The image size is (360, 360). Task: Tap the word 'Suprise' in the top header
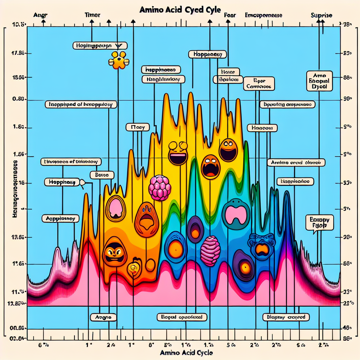pyautogui.click(x=322, y=15)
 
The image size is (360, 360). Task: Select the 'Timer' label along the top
pyautogui.click(x=92, y=15)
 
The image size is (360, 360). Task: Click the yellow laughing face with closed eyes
pyautogui.click(x=178, y=153)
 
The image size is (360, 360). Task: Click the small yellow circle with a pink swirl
pyautogui.click(x=134, y=268)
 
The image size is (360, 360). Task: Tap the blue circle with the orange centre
pyautogui.click(x=175, y=245)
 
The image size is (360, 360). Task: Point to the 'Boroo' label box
pyautogui.click(x=102, y=174)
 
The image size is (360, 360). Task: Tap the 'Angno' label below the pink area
pyautogui.click(x=103, y=317)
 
